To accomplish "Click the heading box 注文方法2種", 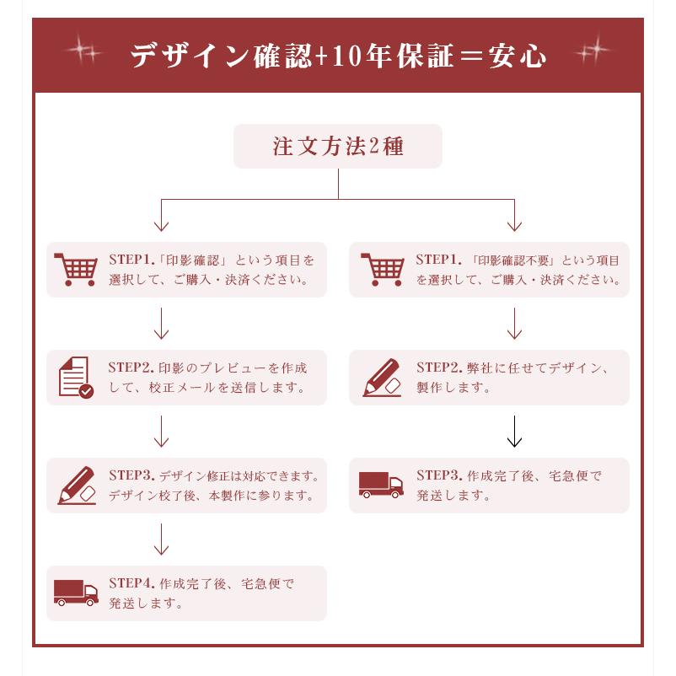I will click(338, 147).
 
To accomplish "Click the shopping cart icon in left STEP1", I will click(75, 270).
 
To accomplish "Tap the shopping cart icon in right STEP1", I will click(382, 270).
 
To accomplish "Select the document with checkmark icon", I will click(75, 378).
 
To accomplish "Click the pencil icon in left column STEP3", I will click(76, 486).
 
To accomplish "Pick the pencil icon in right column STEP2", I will click(382, 378).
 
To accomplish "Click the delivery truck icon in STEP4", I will click(76, 593).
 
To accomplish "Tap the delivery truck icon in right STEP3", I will click(381, 485).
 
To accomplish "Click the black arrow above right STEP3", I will click(514, 432).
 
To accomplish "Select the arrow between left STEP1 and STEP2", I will click(161, 324).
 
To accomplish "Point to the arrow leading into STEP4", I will click(161, 539).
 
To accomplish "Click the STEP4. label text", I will click(131, 583).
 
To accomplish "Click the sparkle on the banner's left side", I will click(82, 54).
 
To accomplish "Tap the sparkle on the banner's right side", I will click(592, 52).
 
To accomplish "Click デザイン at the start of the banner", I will click(190, 56).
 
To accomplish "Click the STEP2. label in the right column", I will click(438, 368).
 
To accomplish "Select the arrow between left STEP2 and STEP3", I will click(161, 432).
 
